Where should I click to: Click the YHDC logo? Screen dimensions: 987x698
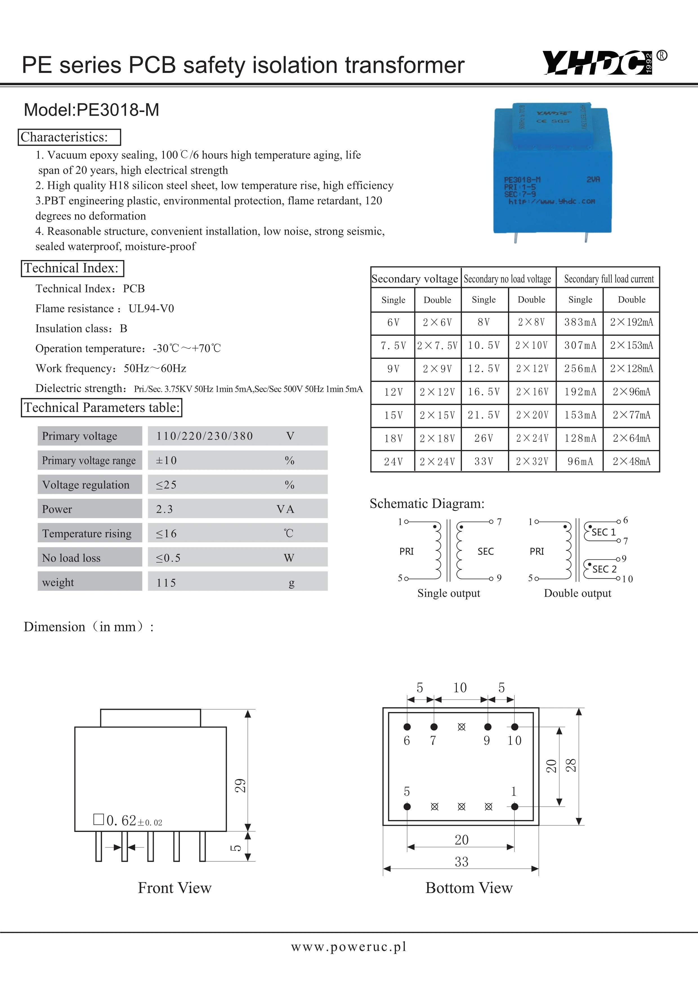[598, 63]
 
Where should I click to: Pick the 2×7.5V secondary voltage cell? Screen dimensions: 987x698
[437, 346]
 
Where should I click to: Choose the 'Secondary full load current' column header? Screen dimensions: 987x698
[608, 279]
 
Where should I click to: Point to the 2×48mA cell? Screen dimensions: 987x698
[631, 462]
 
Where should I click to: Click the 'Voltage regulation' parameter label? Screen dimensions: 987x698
[86, 485]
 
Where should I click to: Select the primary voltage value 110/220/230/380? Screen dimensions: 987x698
[205, 436]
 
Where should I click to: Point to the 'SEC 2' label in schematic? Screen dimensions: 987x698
[604, 569]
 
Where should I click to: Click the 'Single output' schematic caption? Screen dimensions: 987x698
[448, 593]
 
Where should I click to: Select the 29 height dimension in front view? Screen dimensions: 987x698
[240, 785]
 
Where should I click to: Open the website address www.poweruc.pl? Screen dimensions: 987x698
[348, 946]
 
